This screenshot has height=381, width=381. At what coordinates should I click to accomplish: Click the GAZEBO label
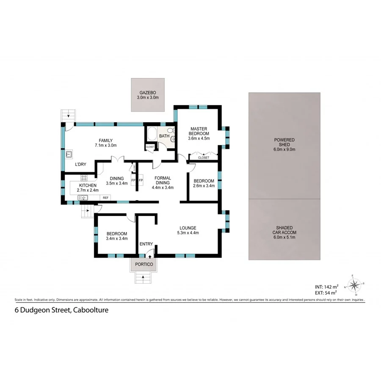pos(147,93)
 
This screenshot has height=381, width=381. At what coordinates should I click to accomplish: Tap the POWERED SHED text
pos(284,140)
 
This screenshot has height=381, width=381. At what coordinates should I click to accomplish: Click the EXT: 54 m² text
pos(326,292)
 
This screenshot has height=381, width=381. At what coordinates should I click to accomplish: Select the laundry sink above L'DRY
pos(69,154)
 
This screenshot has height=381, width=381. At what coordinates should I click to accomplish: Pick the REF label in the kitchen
pos(105,198)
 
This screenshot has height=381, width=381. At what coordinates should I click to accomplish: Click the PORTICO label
pos(143,265)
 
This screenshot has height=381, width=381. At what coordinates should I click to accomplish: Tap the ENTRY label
pos(146,244)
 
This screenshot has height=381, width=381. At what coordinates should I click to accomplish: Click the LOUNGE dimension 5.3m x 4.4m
pos(187,232)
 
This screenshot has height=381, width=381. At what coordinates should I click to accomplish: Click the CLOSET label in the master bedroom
pos(204,157)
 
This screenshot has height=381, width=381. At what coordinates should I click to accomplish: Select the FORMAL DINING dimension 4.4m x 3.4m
pos(163,188)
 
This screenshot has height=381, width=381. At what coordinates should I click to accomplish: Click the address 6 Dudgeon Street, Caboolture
pos(61,310)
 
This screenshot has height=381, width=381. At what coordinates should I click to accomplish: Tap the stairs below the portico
pos(143,278)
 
